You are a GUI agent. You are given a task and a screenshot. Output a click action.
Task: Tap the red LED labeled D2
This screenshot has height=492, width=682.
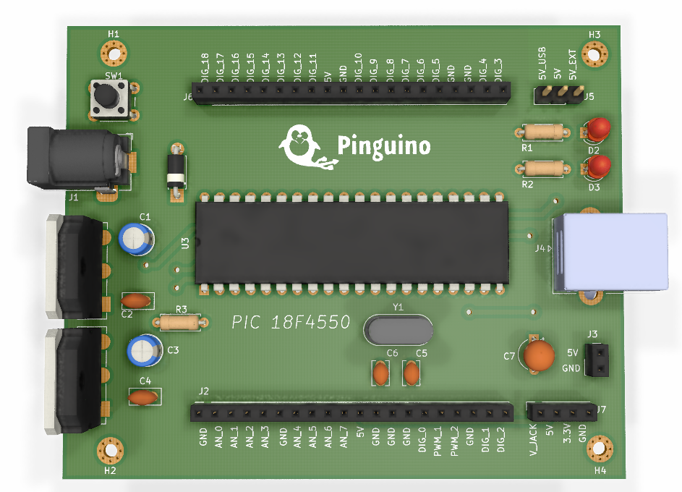coord(597,130)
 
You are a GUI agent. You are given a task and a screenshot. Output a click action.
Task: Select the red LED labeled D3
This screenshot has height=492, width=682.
coord(597,167)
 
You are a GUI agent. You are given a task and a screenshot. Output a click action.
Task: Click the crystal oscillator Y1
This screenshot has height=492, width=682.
coord(398,329)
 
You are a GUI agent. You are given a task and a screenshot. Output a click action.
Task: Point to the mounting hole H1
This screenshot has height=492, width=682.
coord(114,52)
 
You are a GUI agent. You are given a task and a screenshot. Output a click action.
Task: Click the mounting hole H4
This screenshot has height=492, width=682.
coord(599,449)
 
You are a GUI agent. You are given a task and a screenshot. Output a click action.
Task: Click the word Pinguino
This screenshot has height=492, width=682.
coord(384,146)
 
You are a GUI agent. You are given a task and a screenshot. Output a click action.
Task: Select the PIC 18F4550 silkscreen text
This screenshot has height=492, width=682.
coord(291,322)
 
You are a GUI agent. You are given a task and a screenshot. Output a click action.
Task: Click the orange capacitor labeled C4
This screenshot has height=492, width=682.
coord(144,396)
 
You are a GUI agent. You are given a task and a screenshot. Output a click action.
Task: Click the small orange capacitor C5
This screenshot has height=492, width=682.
coord(412,373)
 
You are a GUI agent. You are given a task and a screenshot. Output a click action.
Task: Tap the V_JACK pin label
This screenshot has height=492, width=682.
coord(534,438)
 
